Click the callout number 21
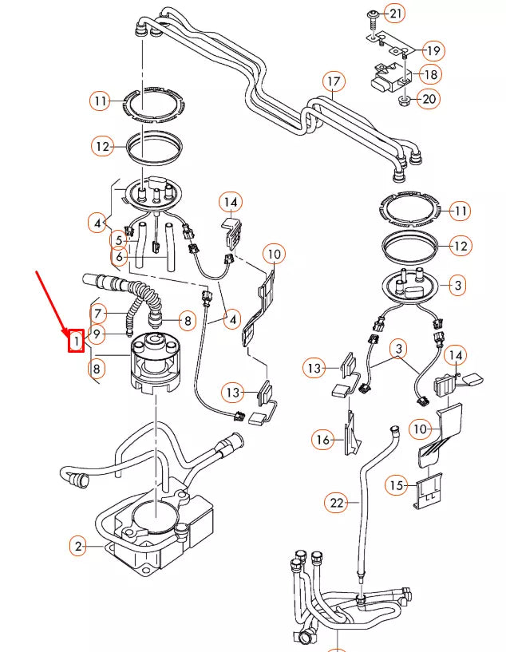(x=396, y=13)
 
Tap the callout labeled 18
(x=430, y=74)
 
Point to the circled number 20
(x=429, y=100)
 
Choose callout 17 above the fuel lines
(x=333, y=81)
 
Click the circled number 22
(x=336, y=503)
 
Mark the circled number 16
(x=323, y=439)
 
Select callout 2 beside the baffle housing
(x=78, y=547)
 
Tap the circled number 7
(x=97, y=312)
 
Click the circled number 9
(x=97, y=334)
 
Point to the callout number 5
(x=118, y=238)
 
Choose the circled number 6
(x=118, y=257)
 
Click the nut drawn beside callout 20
(x=405, y=101)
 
